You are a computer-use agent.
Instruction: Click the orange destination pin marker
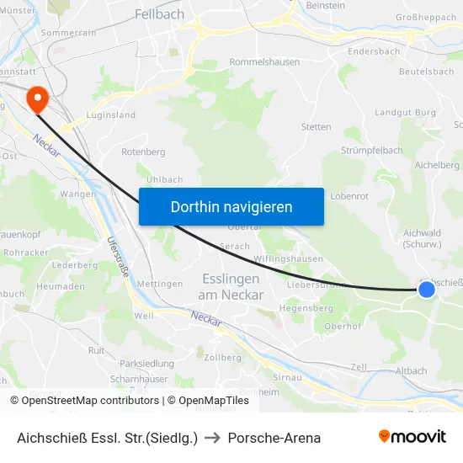point(38,100)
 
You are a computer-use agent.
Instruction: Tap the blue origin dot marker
point(427,290)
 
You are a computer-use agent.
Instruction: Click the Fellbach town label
point(159,14)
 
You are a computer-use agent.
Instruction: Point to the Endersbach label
point(374,51)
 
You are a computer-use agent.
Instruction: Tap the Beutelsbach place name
point(426,72)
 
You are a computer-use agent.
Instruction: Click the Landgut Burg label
point(406,112)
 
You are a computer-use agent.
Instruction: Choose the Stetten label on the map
point(316,127)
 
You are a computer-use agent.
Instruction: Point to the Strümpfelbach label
point(371,151)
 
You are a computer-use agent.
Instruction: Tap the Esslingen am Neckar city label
point(231,286)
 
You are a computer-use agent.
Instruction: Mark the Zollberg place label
point(222,357)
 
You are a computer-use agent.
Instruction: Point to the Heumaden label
point(61,287)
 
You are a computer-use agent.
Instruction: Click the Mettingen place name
point(160,284)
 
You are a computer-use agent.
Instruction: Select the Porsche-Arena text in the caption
point(274,438)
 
